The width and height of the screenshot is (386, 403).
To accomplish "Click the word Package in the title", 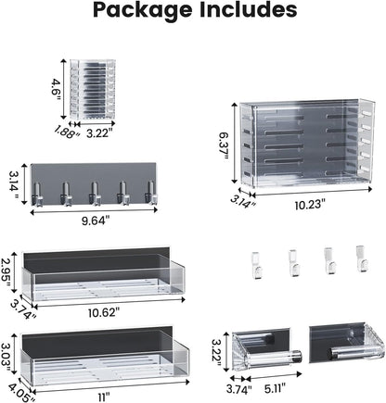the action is (x=143, y=10).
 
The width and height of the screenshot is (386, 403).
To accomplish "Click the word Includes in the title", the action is (x=248, y=9).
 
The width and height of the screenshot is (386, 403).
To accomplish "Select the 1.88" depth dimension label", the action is (x=66, y=132).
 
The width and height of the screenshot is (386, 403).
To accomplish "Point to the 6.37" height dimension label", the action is (x=224, y=145).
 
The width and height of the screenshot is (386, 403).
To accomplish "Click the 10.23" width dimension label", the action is (x=310, y=205).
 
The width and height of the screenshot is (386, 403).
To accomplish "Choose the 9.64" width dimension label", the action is (x=96, y=220).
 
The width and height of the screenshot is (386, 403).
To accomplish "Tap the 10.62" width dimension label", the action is (x=104, y=312).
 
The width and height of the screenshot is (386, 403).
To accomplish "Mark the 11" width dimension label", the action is (x=104, y=397).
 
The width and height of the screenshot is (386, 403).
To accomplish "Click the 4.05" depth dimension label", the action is (x=21, y=392).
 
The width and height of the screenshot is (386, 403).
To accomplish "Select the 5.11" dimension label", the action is (x=275, y=388).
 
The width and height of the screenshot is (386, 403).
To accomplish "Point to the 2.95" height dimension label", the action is (x=6, y=272).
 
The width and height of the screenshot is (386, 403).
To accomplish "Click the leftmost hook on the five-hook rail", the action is (x=37, y=195).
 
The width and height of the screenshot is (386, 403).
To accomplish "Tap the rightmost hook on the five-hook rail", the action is (x=151, y=193).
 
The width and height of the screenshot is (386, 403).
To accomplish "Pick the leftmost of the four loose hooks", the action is (x=256, y=265).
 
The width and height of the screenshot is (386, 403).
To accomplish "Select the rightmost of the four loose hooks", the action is (x=362, y=258).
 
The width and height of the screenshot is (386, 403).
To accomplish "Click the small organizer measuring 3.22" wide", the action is (x=94, y=89).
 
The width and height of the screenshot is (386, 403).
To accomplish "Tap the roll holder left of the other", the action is (x=266, y=349).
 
